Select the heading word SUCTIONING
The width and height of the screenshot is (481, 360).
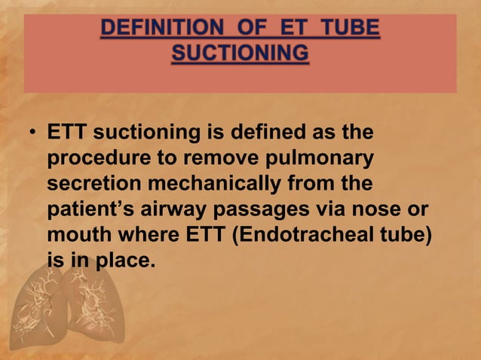(240, 53)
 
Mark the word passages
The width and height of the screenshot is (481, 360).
(258, 209)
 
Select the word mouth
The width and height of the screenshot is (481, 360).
(78, 234)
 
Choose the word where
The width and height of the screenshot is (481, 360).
(148, 234)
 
